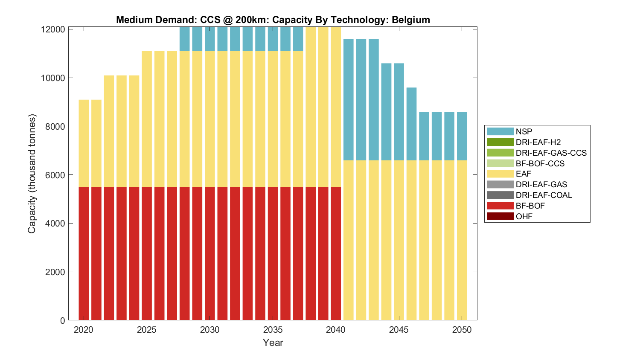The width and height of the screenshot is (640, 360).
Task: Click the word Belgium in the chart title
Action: pos(410,20)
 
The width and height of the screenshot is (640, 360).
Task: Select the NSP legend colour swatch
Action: pos(500,131)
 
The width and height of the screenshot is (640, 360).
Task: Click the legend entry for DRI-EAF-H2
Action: pos(538,142)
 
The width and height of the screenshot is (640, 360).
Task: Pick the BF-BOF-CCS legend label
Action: pos(540,163)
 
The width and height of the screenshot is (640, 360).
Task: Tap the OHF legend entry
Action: pos(524,216)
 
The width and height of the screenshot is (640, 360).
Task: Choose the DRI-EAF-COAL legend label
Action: pos(544,195)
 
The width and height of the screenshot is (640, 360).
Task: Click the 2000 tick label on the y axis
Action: pos(55,272)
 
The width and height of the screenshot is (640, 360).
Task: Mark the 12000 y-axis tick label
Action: pos(53,29)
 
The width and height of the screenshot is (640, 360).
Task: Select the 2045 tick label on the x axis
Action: pos(399,330)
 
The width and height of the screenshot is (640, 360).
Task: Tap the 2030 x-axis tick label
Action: pos(209,330)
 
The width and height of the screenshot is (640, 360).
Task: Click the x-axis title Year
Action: pos(273,343)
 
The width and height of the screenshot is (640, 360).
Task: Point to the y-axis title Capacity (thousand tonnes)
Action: pos(32,174)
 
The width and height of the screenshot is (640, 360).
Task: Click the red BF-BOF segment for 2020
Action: pos(84,253)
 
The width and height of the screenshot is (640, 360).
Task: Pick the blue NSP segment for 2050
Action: pos(462,136)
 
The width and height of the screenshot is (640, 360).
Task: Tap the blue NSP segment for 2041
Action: pos(348,100)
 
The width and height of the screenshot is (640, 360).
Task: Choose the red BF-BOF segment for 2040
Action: pos(336,253)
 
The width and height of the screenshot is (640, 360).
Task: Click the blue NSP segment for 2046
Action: pos(411,124)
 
